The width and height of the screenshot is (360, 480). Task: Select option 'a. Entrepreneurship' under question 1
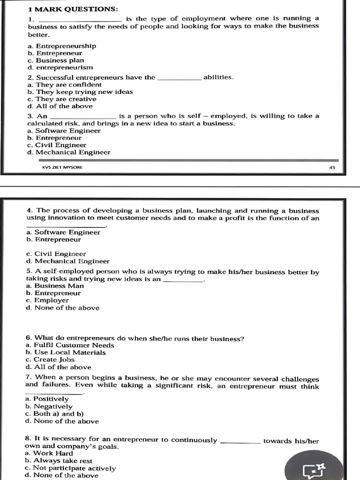click(62, 46)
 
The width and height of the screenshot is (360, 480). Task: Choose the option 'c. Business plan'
click(56, 60)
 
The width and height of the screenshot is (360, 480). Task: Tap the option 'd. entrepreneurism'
click(60, 67)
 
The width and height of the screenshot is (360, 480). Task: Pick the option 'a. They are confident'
click(64, 85)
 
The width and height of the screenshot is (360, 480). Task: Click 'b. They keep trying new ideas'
click(80, 92)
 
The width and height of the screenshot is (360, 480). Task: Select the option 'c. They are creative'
click(62, 99)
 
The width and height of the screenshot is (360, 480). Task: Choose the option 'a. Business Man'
click(55, 286)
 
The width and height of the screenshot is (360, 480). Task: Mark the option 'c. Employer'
click(47, 300)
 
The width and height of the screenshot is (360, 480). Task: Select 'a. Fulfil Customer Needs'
click(70, 345)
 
